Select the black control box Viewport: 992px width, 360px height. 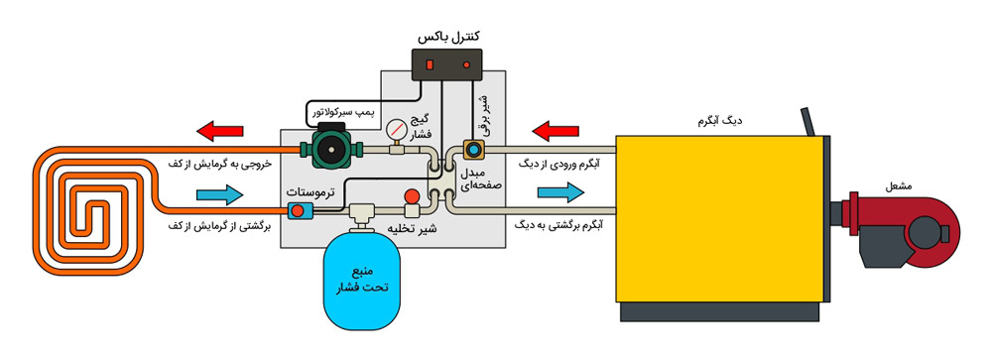tap(448, 64)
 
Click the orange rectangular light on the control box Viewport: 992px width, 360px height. tap(429, 64)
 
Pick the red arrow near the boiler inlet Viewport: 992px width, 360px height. tap(557, 129)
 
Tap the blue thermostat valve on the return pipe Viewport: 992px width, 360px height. tap(298, 209)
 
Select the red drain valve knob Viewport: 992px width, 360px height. tap(411, 197)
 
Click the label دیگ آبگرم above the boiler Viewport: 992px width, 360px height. tap(720, 121)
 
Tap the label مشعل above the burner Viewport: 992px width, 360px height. tap(889, 184)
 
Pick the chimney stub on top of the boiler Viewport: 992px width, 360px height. tap(809, 122)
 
